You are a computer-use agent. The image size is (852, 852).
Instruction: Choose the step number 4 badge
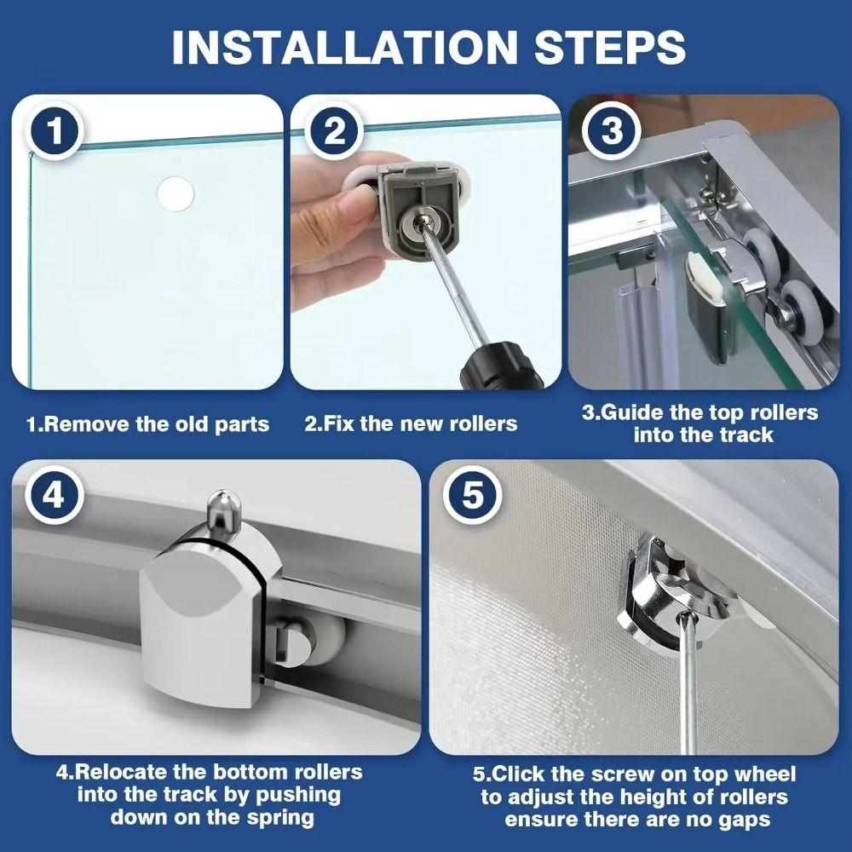[x=53, y=496]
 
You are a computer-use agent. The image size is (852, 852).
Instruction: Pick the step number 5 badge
[x=473, y=496]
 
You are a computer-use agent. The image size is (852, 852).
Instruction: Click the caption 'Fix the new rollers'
[x=411, y=423]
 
